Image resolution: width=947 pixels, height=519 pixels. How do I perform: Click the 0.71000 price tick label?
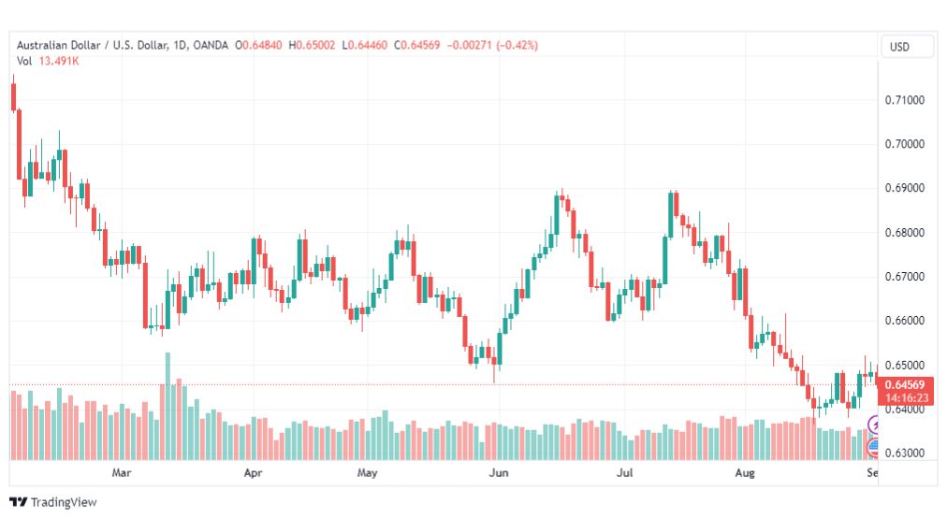[x=904, y=100]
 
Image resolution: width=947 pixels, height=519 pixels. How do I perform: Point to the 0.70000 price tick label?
[x=904, y=144]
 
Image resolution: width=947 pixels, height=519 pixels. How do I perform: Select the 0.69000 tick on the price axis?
[x=904, y=188]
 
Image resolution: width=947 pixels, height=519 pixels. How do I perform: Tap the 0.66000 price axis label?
[x=904, y=321]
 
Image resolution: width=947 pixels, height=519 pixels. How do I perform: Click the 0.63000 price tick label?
[x=904, y=454]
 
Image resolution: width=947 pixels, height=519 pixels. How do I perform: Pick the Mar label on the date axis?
[x=122, y=472]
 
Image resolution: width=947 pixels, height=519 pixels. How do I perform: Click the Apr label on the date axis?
[x=253, y=472]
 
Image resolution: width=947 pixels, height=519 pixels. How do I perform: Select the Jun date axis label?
[x=498, y=472]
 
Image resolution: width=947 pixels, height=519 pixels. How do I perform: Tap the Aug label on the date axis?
[x=745, y=472]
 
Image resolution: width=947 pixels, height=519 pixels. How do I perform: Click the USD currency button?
[x=899, y=47]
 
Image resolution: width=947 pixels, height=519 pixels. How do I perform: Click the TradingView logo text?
[x=64, y=502]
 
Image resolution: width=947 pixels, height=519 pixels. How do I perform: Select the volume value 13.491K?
[x=59, y=61]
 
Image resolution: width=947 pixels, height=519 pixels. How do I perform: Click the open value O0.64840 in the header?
[x=258, y=45]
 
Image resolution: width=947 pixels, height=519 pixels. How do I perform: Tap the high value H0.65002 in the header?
[x=312, y=45]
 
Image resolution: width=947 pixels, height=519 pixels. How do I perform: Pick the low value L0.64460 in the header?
[x=365, y=45]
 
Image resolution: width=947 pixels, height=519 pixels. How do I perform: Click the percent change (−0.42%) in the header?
[x=517, y=45]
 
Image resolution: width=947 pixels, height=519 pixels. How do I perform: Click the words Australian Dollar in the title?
[x=59, y=45]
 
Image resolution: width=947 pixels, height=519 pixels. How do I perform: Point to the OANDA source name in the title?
[x=211, y=45]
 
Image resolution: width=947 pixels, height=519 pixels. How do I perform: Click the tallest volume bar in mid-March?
[x=168, y=406]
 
